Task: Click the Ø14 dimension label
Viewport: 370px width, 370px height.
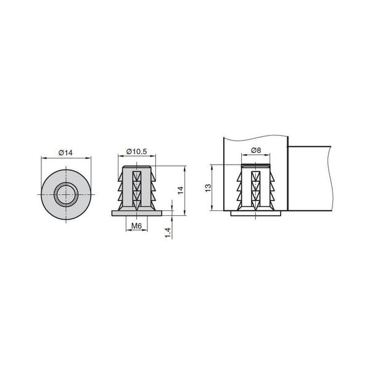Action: pyautogui.click(x=65, y=153)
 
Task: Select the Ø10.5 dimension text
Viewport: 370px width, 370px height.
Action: pyautogui.click(x=137, y=151)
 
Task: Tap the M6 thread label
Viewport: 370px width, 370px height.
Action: pyautogui.click(x=136, y=226)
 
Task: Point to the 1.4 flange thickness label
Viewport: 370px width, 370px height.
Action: pyautogui.click(x=168, y=232)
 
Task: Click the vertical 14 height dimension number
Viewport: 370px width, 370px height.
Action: pyautogui.click(x=180, y=190)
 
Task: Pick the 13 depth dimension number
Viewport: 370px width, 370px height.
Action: pyautogui.click(x=208, y=187)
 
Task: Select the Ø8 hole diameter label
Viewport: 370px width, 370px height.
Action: pyautogui.click(x=256, y=150)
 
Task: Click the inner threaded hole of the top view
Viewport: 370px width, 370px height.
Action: pyautogui.click(x=66, y=195)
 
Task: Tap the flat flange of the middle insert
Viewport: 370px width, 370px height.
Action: pyautogui.click(x=137, y=213)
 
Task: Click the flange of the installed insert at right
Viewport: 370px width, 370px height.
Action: pyautogui.click(x=256, y=213)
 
